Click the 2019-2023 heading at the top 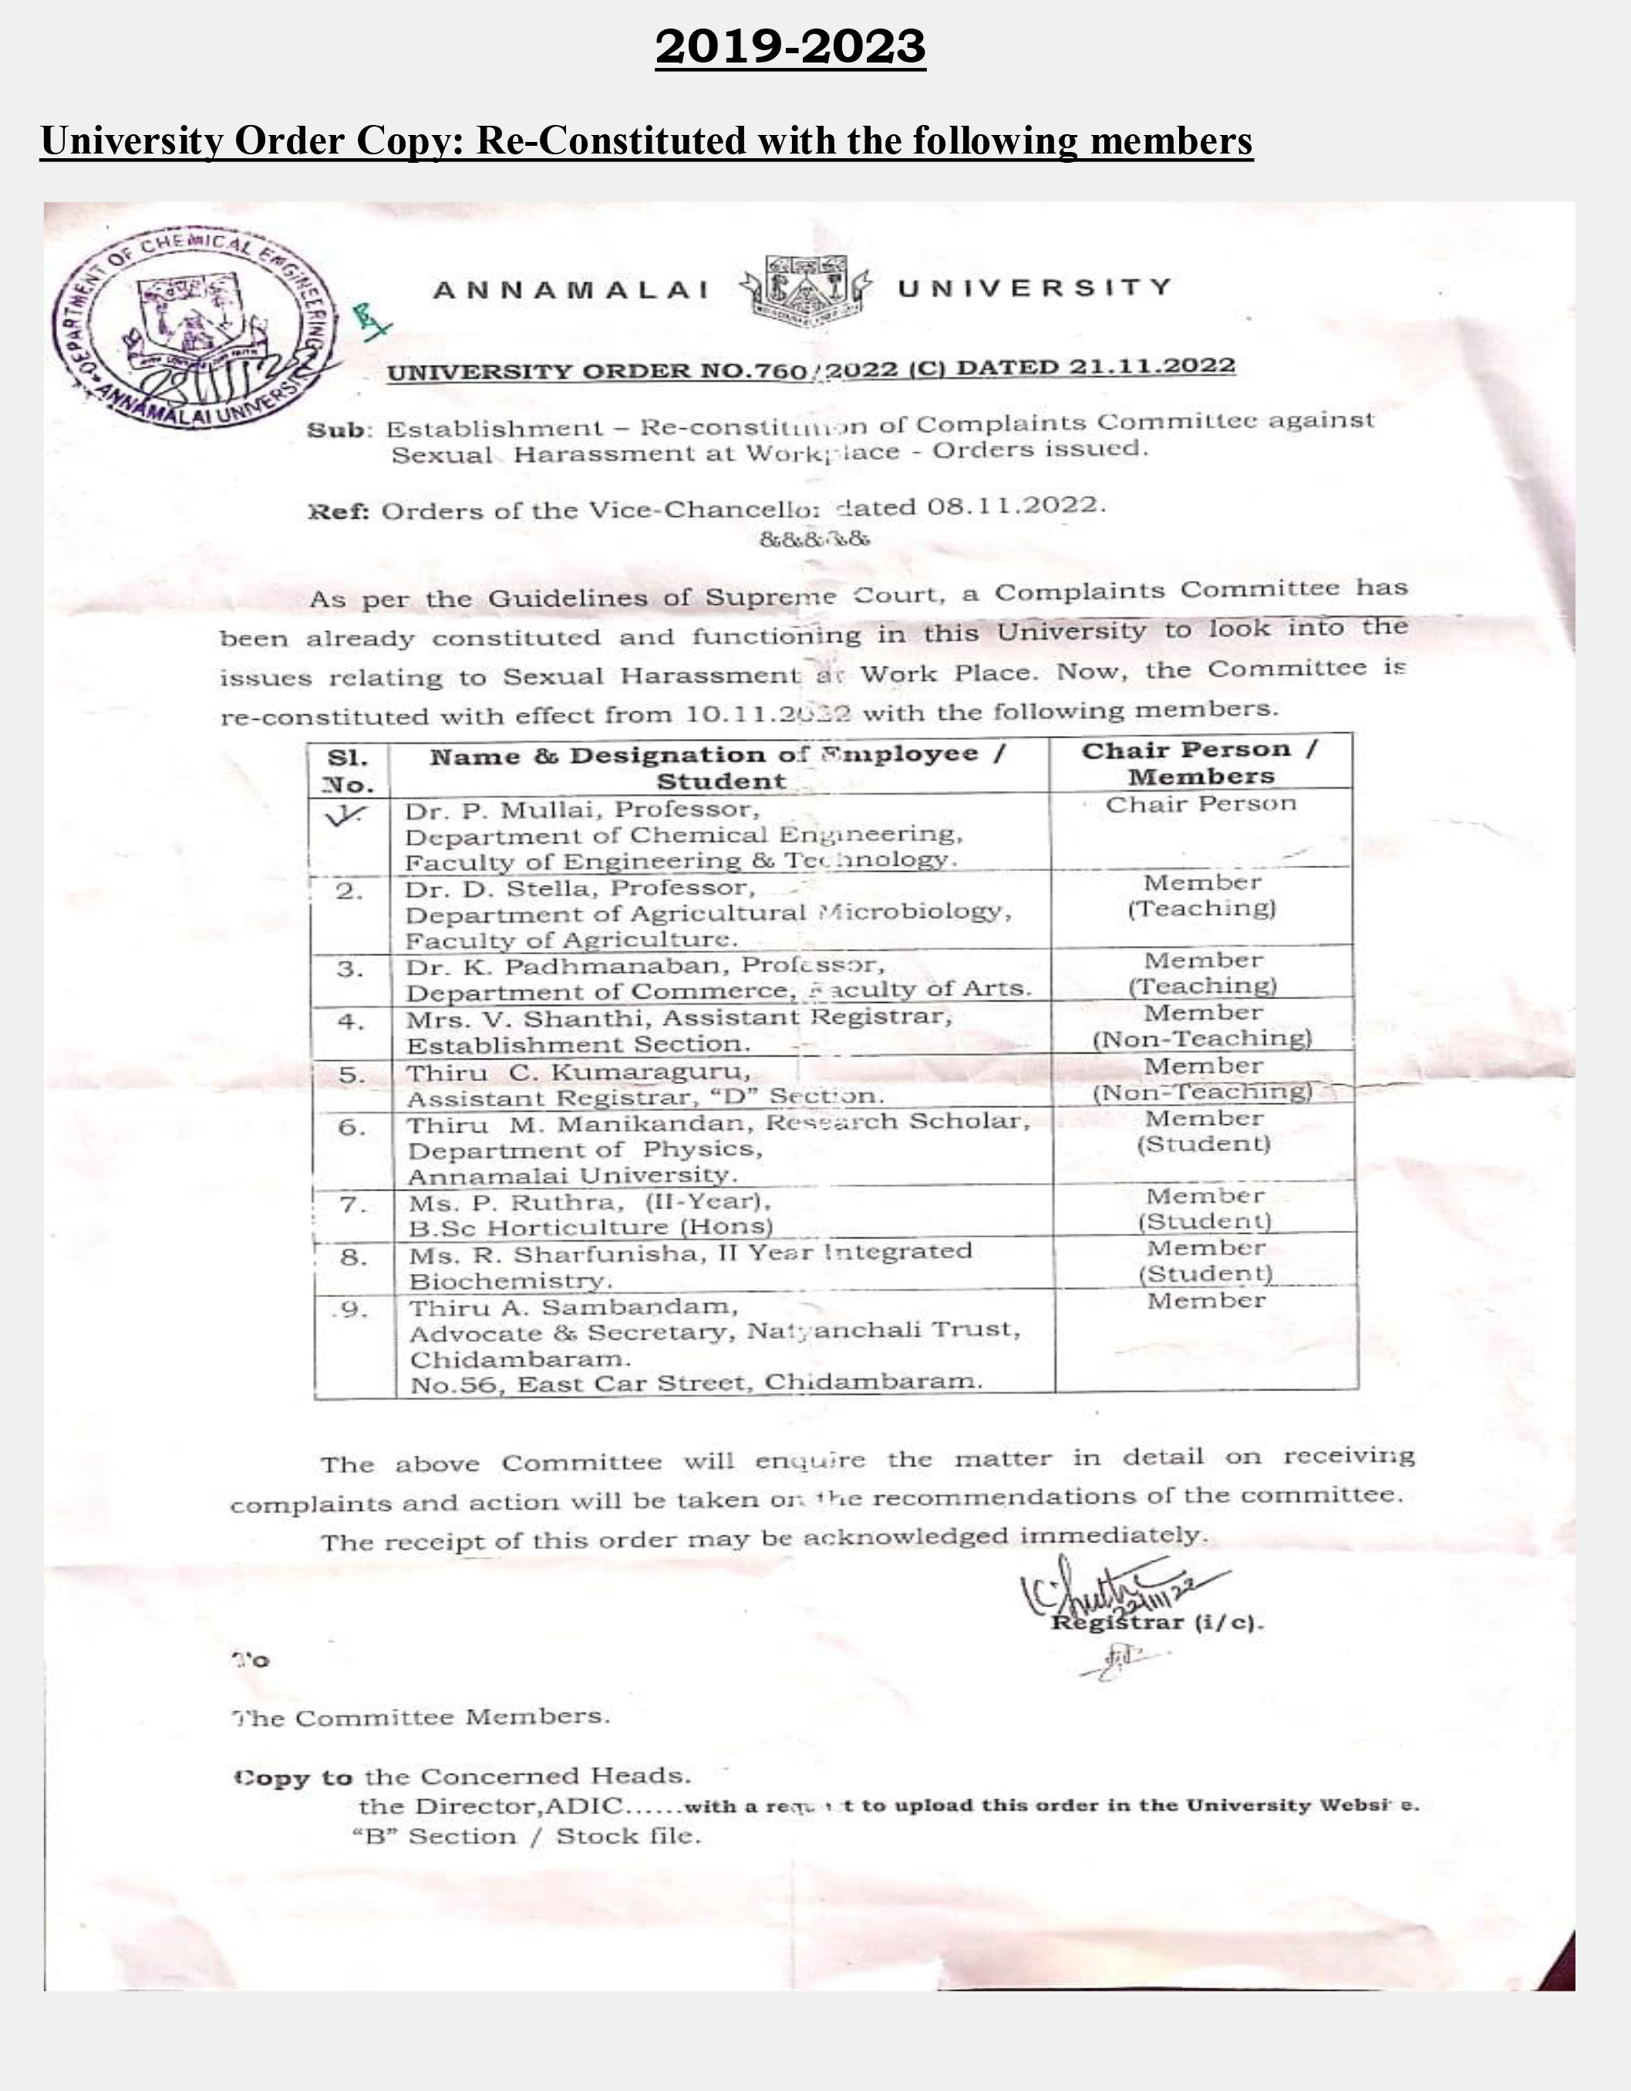pos(790,46)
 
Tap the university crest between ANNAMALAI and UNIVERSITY pos(806,290)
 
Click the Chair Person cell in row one pos(1200,804)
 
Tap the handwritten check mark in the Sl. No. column pos(345,816)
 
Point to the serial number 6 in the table pos(352,1127)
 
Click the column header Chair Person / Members pos(1199,762)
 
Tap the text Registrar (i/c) pos(1156,1623)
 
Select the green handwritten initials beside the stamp pos(370,319)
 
